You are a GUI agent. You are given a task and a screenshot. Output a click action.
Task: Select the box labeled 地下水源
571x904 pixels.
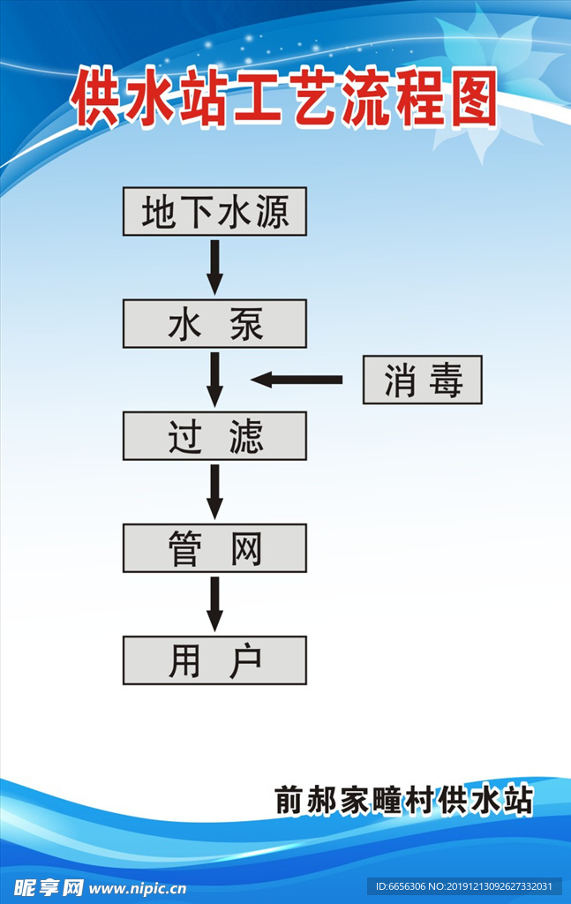tap(214, 211)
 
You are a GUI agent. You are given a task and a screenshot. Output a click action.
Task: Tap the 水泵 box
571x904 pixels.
tap(214, 324)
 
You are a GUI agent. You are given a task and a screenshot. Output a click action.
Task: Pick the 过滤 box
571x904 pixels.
tap(214, 436)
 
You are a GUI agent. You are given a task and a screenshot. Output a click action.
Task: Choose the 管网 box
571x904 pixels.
tap(214, 548)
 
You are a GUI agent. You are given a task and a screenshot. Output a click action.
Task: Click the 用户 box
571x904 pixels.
tap(214, 660)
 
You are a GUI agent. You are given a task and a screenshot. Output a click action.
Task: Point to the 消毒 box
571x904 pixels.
tap(423, 380)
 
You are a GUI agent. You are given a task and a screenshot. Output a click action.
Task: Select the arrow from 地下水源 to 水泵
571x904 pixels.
tap(214, 267)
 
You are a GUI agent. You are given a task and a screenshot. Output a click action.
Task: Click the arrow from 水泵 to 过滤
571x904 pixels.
tap(214, 380)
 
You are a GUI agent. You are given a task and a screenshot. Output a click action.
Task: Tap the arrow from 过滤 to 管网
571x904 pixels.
tap(214, 492)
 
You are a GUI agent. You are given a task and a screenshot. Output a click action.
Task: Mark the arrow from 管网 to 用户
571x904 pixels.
tap(214, 604)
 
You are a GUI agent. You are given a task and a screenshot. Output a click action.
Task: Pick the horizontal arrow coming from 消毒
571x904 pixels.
tap(297, 380)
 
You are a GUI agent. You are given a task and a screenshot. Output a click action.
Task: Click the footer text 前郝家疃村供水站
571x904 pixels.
tap(404, 800)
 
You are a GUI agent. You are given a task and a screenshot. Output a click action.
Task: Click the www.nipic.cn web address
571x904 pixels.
tap(137, 887)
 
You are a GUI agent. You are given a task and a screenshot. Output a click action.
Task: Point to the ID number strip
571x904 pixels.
tap(464, 886)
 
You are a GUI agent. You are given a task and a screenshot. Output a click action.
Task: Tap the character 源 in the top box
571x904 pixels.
tap(273, 212)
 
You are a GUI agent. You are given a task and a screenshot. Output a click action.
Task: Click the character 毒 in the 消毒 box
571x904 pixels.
tap(447, 381)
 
